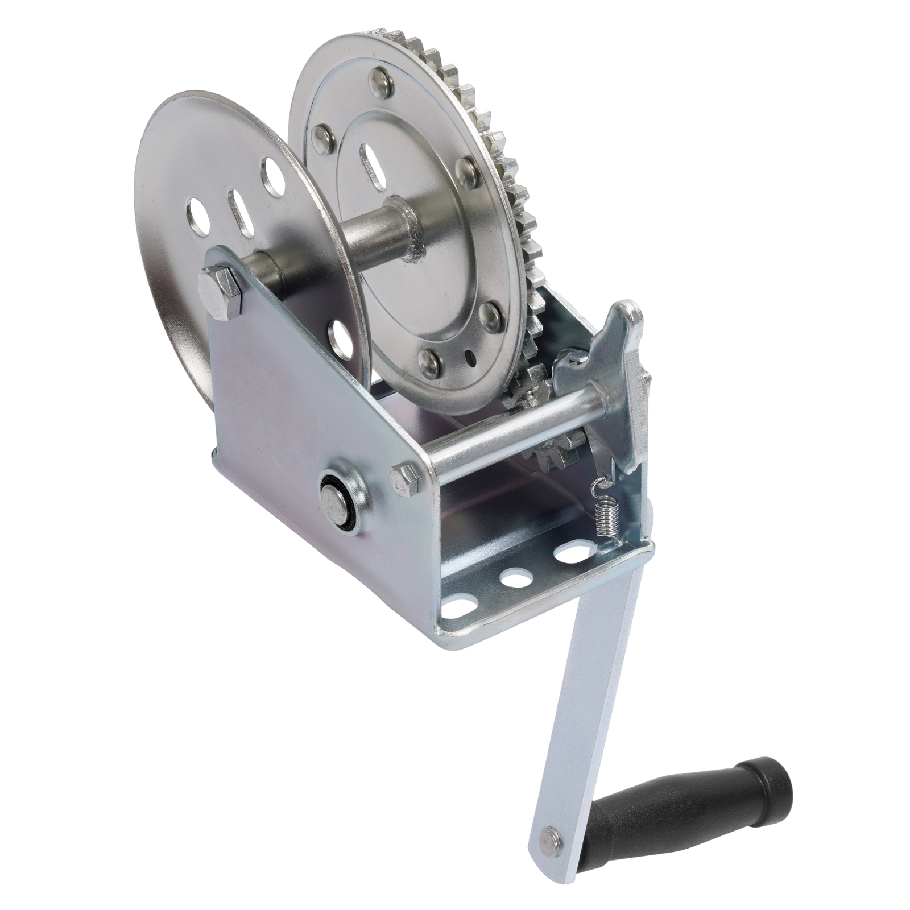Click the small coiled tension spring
(x=607, y=514)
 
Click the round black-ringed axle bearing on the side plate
(x=337, y=496)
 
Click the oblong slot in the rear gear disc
(x=373, y=165)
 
